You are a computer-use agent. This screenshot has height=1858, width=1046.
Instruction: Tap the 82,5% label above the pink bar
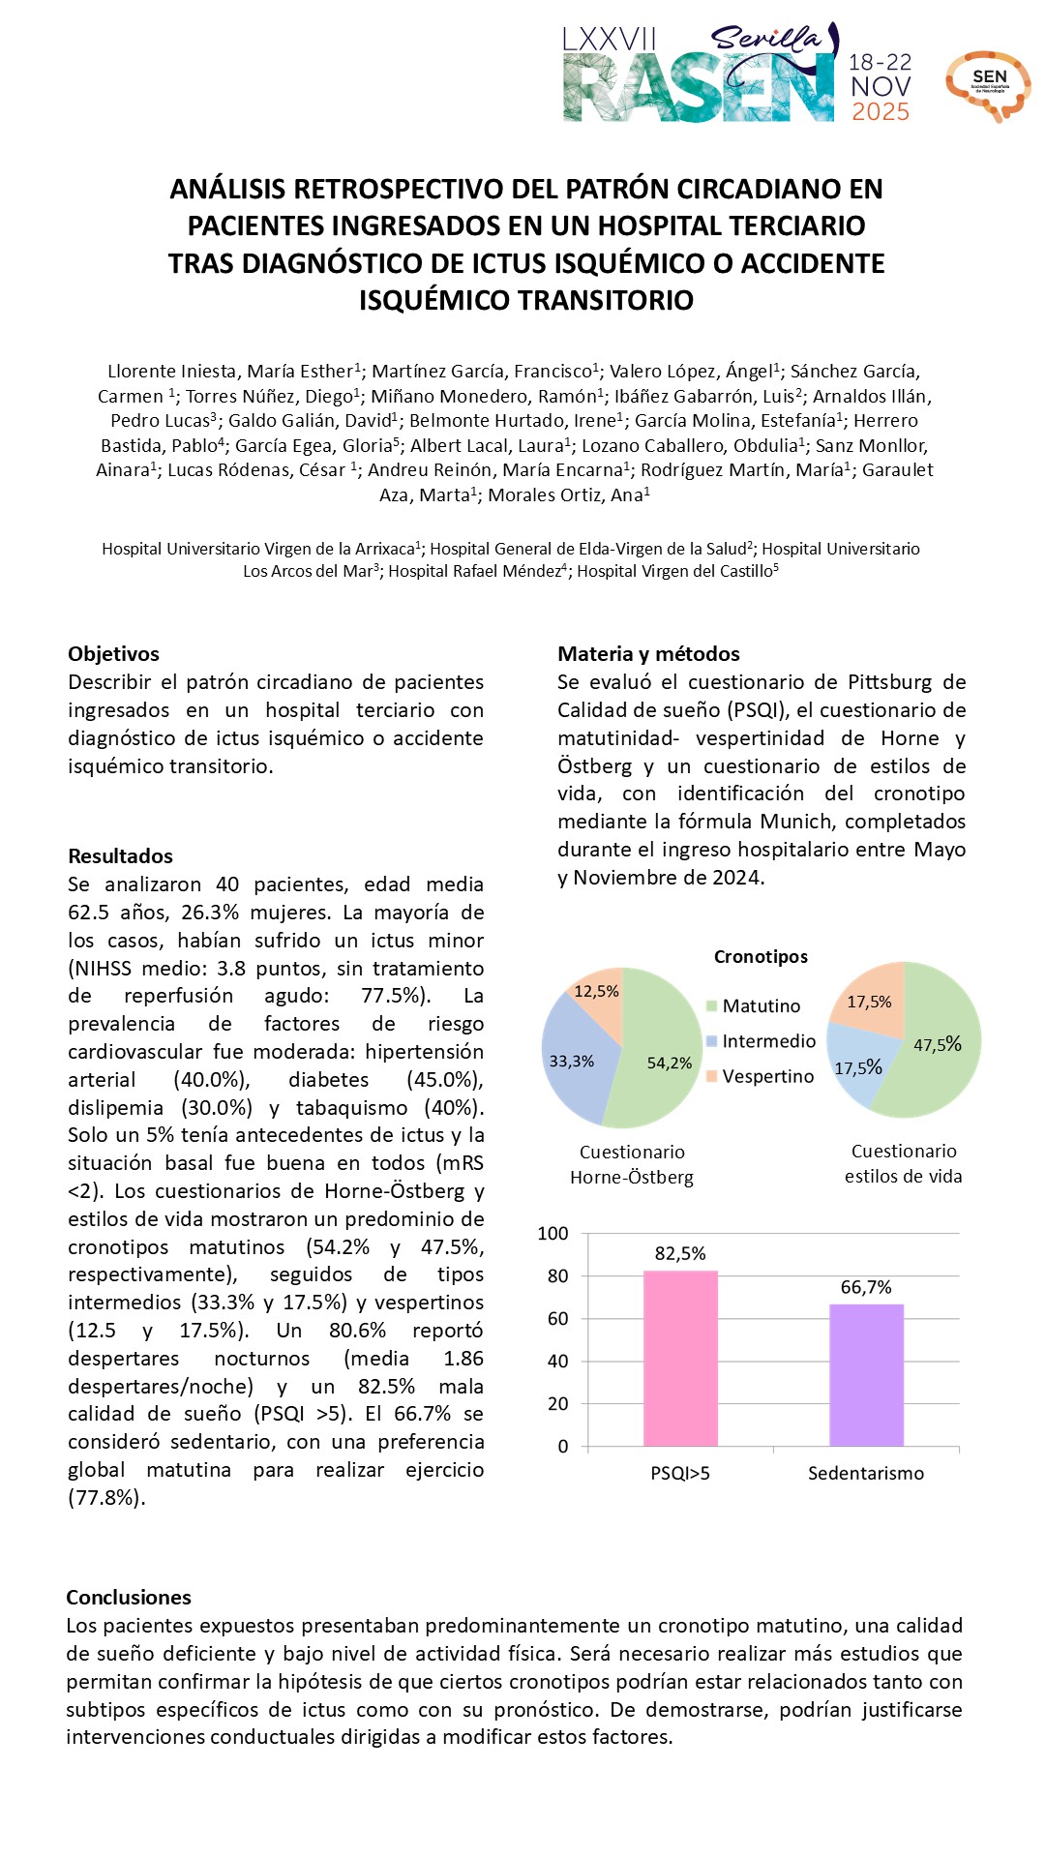680,1253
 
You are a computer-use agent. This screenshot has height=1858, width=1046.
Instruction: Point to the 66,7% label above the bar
866,1287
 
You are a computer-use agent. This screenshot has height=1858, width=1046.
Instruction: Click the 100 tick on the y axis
553,1233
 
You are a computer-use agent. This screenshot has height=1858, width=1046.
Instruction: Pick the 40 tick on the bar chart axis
557,1361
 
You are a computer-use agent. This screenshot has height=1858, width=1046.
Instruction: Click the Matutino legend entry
761,1006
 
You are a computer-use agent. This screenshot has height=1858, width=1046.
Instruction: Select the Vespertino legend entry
767,1076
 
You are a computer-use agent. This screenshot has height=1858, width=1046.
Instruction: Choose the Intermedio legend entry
768,1041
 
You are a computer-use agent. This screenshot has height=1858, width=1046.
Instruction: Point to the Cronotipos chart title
761,956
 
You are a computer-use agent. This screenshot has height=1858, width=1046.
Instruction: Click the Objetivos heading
113,654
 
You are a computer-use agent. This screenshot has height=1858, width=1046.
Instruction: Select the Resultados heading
120,856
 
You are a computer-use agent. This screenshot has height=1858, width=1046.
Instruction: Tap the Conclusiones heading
129,1598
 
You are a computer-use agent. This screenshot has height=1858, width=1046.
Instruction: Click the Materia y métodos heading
648,654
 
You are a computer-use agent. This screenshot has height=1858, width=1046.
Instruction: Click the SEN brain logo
988,85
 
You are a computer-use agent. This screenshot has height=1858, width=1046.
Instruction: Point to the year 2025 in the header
881,112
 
